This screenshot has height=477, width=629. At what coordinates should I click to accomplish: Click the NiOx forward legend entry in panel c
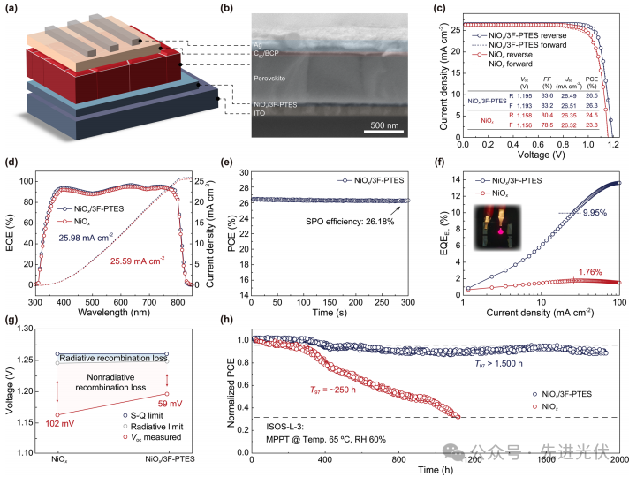(x=548, y=51)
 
